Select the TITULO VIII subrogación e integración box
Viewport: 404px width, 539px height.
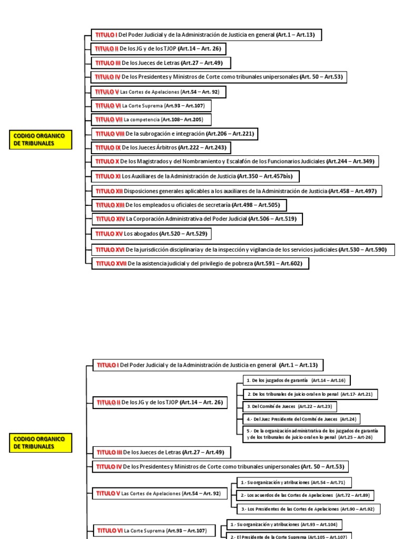pyautogui.click(x=174, y=134)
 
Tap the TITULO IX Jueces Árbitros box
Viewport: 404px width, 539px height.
pyautogui.click(x=162, y=148)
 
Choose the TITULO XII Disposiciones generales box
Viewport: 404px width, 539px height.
pyautogui.click(x=237, y=191)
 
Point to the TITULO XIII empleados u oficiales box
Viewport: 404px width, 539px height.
pyautogui.click(x=189, y=205)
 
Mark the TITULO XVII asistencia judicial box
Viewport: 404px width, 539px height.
pyautogui.click(x=200, y=263)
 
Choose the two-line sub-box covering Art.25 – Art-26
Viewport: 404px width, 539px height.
pyautogui.click(x=314, y=434)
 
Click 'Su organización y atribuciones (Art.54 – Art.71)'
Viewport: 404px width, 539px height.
pyautogui.click(x=291, y=482)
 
